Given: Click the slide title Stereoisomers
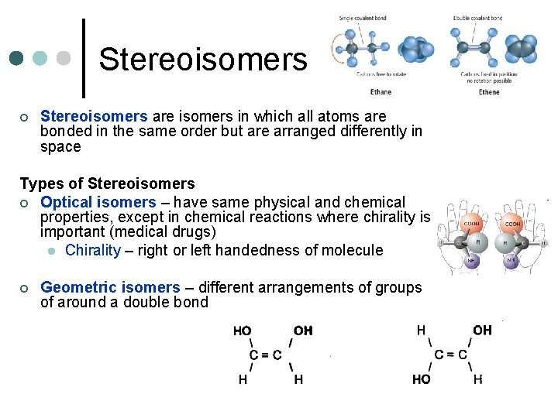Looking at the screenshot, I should (203, 59).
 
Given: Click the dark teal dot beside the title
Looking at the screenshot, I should (15, 59).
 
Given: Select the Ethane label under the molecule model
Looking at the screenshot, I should (380, 92).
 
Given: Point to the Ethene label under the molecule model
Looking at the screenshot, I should (489, 92).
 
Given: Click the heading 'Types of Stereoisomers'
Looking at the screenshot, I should (107, 183).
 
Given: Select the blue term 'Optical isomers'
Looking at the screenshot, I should (98, 202).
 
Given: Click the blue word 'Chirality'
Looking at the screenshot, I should (93, 250).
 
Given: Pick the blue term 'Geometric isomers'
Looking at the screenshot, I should (110, 287).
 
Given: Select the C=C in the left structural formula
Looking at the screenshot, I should (265, 355).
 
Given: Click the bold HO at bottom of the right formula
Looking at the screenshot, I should (422, 379).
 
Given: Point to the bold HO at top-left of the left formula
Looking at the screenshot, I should (242, 331).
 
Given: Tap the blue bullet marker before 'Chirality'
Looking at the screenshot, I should (50, 251).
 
